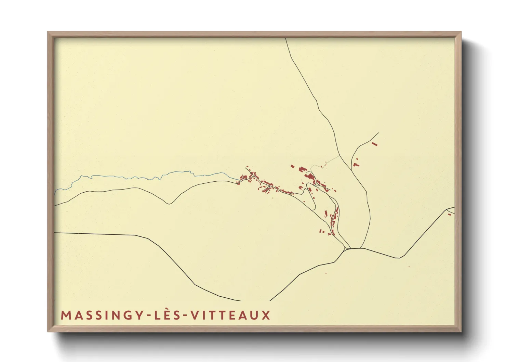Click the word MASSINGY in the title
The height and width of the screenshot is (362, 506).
point(98,315)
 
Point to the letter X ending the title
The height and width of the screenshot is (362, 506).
point(266,315)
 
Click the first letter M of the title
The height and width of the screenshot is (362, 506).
point(65,315)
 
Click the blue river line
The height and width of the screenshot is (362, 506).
point(137,177)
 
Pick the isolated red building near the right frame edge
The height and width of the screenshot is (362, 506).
point(449,215)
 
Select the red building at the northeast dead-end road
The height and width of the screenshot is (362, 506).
point(374,144)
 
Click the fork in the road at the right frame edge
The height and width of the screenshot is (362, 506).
point(448,209)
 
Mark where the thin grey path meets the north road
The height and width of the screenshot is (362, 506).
point(339,156)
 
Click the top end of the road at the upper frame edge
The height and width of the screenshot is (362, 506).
point(285,39)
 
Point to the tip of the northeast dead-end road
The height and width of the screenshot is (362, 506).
point(378,133)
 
